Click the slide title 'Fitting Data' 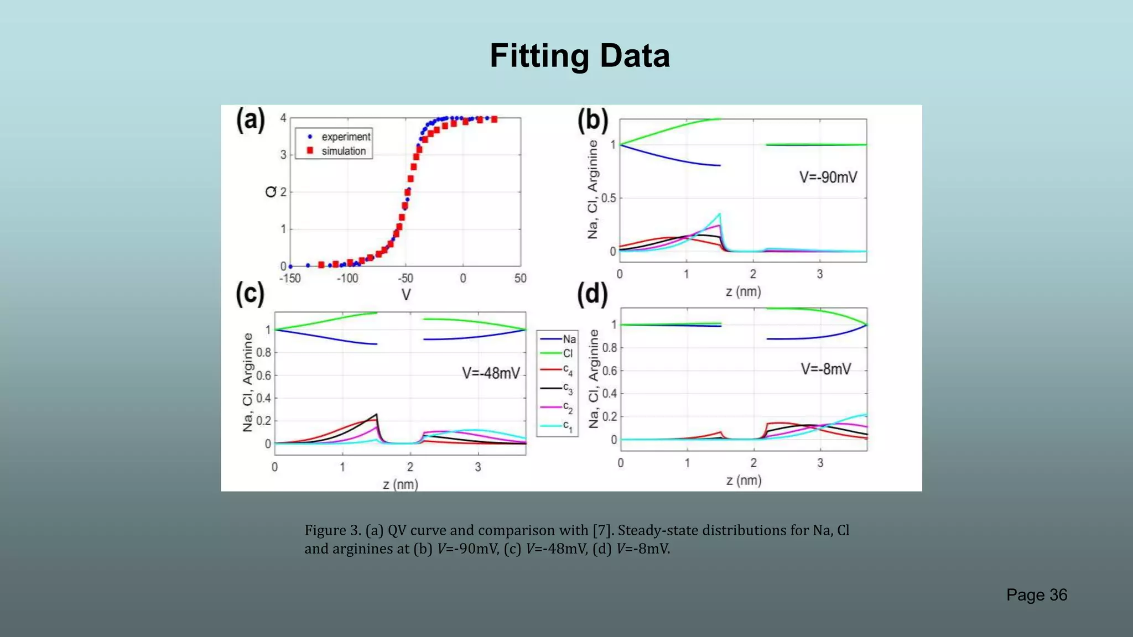[579, 56]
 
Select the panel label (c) [250, 293]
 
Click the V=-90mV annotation [828, 177]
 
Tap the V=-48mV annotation [491, 373]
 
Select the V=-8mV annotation [825, 369]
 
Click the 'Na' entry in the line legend [569, 339]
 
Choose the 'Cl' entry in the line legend [568, 354]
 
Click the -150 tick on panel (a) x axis [290, 279]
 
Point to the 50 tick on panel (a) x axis [520, 279]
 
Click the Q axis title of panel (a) [271, 192]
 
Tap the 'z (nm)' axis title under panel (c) [400, 484]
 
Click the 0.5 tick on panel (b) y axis [609, 198]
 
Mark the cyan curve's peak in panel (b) [720, 213]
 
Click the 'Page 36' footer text [1036, 595]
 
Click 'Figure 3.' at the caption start [332, 530]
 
